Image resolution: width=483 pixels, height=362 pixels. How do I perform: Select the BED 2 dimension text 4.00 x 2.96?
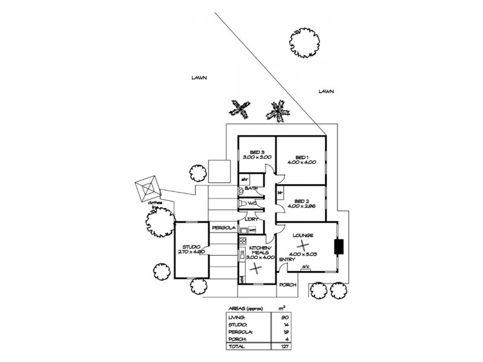point(302,207)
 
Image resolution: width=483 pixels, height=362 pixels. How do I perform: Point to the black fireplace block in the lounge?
point(339,246)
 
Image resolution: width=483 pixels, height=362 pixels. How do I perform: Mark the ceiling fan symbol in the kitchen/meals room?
point(257,269)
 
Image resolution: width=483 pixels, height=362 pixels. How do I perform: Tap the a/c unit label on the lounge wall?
point(305,267)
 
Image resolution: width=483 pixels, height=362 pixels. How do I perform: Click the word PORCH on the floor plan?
point(288,285)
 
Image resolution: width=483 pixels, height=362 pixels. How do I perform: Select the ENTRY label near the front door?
point(287,259)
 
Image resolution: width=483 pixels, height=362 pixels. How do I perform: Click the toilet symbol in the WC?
point(243,204)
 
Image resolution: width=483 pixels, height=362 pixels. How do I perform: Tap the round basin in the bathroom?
point(242,191)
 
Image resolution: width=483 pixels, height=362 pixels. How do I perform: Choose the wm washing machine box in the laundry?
point(252,230)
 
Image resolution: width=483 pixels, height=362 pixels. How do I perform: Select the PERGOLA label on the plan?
point(222,228)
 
